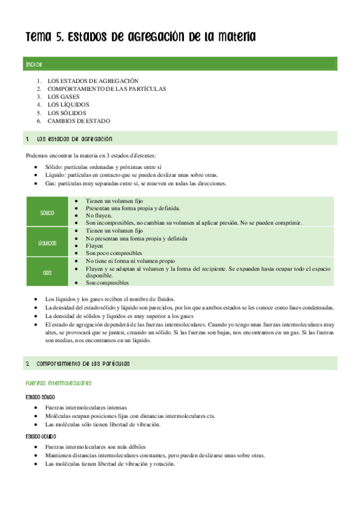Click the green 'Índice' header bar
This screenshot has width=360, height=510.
(181, 64)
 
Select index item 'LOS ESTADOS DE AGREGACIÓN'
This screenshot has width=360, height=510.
(93, 81)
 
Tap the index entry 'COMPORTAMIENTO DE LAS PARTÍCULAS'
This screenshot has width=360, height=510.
(107, 88)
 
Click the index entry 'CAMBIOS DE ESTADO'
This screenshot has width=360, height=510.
(79, 121)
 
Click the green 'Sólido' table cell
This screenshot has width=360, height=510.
(47, 213)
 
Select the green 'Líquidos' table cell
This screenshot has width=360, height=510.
(47, 243)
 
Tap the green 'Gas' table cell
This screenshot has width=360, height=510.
(47, 272)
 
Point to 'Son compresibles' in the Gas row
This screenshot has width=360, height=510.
(108, 282)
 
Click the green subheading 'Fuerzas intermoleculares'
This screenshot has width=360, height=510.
(58, 382)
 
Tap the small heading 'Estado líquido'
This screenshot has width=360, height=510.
(41, 436)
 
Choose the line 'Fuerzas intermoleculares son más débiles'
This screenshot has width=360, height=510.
(99, 446)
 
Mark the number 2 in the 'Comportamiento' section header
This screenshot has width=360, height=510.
(28, 364)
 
